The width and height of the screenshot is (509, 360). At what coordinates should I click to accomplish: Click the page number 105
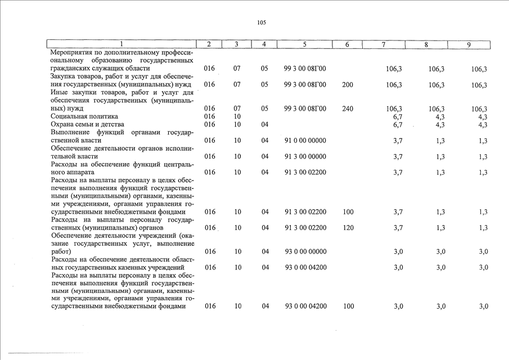[262, 23]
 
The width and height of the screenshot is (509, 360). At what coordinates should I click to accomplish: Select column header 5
[304, 44]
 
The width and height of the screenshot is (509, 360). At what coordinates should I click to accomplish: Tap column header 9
[469, 44]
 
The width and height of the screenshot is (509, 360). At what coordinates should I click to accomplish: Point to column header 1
[121, 44]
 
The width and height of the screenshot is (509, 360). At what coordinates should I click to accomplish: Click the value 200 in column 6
[347, 85]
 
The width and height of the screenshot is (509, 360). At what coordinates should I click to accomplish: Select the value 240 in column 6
[347, 109]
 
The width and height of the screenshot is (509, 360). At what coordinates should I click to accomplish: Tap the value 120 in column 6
[347, 228]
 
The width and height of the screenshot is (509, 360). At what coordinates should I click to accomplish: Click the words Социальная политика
[79, 116]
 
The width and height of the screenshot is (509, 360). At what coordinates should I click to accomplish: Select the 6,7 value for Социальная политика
[398, 116]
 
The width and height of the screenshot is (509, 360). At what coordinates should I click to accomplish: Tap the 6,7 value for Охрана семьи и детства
[398, 124]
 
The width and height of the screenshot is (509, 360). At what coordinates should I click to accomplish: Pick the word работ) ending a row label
[61, 251]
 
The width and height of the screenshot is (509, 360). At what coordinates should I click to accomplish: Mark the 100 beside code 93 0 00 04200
[348, 307]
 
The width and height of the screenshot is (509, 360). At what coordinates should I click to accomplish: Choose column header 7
[383, 44]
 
